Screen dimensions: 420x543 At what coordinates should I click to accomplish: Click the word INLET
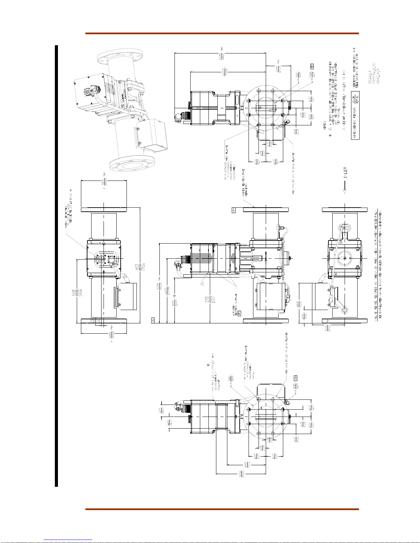(x=346, y=173)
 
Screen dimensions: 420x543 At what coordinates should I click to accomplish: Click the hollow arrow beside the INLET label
(x=345, y=188)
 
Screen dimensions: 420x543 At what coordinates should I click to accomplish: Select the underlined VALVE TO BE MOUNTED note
(x=376, y=265)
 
